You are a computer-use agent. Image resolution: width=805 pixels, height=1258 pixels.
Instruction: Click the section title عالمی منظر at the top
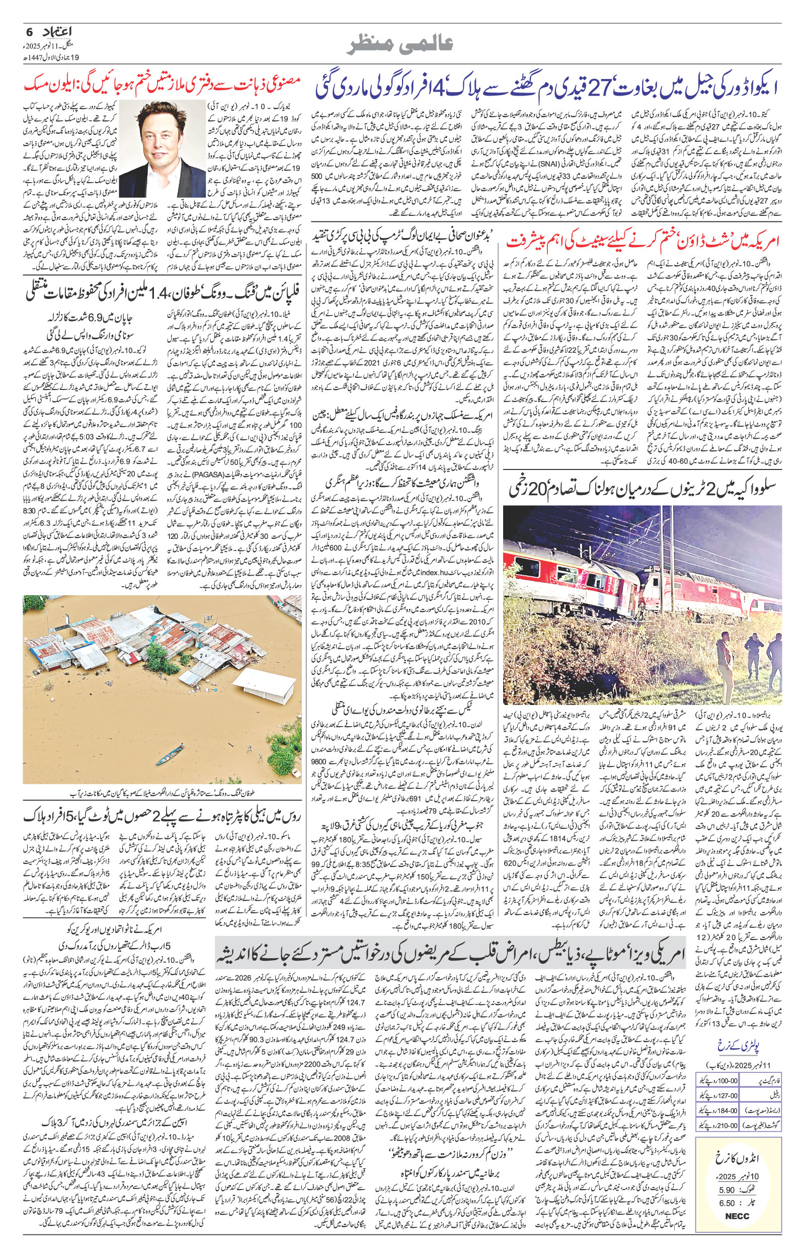(x=401, y=45)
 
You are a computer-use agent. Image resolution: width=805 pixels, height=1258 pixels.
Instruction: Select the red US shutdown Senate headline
(x=643, y=242)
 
